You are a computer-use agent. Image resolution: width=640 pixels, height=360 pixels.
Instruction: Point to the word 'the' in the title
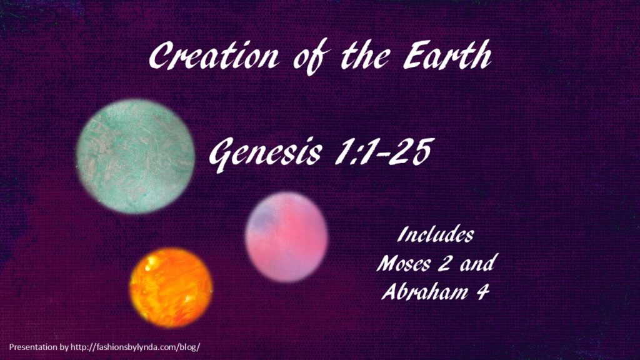(x=365, y=55)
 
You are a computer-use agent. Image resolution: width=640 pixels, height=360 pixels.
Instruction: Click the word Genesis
(x=265, y=154)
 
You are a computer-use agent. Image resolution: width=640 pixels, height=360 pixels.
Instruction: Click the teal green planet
(x=136, y=156)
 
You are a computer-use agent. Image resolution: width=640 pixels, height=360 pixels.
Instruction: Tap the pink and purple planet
(x=286, y=237)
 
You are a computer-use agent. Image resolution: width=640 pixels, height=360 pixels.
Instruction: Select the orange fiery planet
(x=171, y=287)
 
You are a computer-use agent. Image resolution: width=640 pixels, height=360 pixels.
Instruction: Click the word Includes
(x=436, y=234)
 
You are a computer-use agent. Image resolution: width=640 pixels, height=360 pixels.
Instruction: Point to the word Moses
(x=404, y=263)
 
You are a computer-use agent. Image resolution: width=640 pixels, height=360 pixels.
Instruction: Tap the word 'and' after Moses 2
(x=477, y=263)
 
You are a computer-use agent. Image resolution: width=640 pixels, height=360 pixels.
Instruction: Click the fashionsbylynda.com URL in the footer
(x=135, y=347)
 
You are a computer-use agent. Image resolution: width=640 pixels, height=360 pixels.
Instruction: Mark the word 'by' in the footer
(x=64, y=347)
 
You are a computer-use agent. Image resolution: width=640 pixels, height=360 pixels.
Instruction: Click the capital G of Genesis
(x=224, y=154)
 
